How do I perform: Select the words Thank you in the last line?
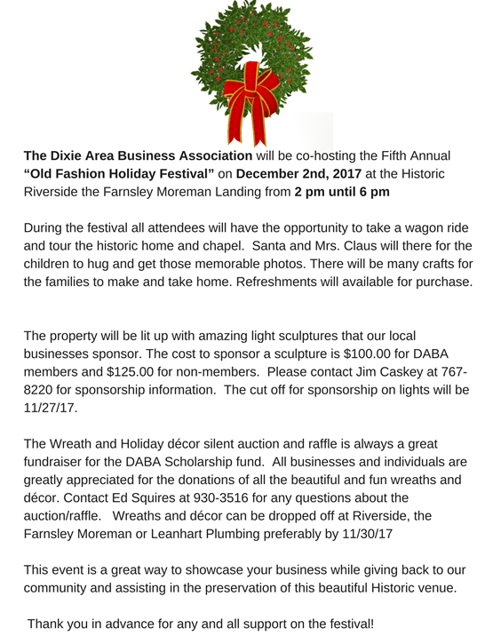(x=60, y=624)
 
